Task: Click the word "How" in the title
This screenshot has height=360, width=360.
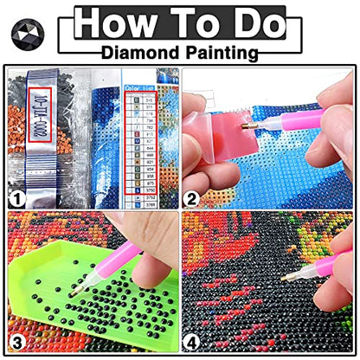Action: coord(111,22)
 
